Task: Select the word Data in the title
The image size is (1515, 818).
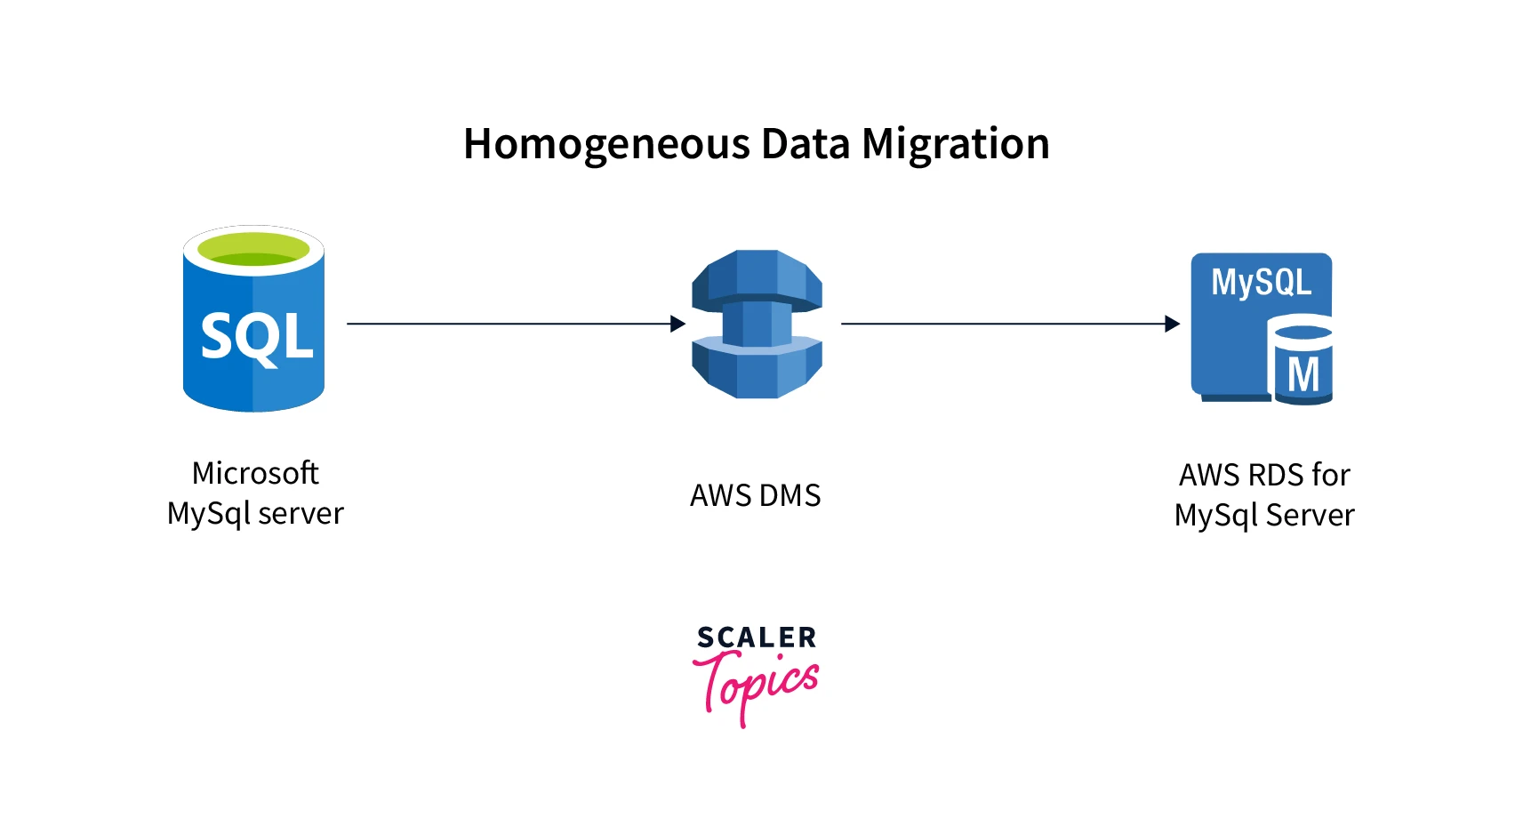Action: click(x=806, y=144)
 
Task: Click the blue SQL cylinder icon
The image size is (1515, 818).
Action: click(x=253, y=356)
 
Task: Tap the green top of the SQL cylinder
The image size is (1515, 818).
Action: click(x=253, y=249)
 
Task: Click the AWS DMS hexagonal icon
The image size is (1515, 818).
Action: click(x=757, y=324)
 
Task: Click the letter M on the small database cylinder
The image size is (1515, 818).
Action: click(x=1303, y=374)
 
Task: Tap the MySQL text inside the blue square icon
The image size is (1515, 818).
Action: click(x=1261, y=283)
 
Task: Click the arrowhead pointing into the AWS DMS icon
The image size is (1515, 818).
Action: click(x=677, y=324)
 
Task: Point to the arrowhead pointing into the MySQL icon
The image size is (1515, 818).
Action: click(x=1172, y=324)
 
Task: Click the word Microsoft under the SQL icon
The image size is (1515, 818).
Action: click(x=255, y=473)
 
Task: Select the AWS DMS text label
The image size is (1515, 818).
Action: click(x=756, y=495)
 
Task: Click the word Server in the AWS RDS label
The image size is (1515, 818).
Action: click(x=1310, y=516)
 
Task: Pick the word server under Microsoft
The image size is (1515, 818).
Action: click(x=301, y=514)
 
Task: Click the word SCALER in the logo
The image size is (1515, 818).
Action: click(x=757, y=638)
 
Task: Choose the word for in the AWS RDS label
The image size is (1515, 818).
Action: click(x=1330, y=476)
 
